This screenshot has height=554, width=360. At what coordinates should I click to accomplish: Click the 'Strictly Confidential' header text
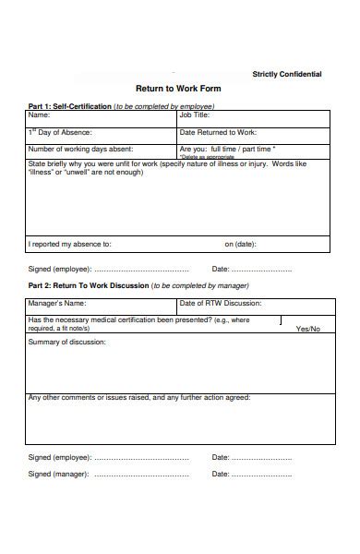pos(287,74)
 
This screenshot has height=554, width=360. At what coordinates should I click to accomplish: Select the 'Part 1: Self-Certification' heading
pos(69,106)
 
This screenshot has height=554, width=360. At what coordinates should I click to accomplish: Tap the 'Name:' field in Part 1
pos(102,116)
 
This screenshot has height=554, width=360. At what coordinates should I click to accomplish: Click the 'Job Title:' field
pos(254,116)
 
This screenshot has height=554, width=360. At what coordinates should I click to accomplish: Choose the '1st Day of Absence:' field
pos(102,133)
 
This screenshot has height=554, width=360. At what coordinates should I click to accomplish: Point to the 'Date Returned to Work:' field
pos(254,133)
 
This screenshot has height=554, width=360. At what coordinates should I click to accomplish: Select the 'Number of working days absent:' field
pos(102,149)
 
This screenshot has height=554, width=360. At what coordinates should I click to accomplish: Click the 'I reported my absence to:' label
pos(70,245)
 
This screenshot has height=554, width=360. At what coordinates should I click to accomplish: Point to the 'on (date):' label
pos(240,245)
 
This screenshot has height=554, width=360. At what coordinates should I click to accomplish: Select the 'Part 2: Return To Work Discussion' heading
pos(88,286)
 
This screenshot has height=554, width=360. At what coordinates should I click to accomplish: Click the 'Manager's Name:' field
pos(102,303)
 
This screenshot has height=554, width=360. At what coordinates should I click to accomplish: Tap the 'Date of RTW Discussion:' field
pos(254,303)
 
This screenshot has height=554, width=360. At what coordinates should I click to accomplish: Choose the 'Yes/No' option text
pos(308,329)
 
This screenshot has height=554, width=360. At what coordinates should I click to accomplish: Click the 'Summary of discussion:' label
pos(67,343)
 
